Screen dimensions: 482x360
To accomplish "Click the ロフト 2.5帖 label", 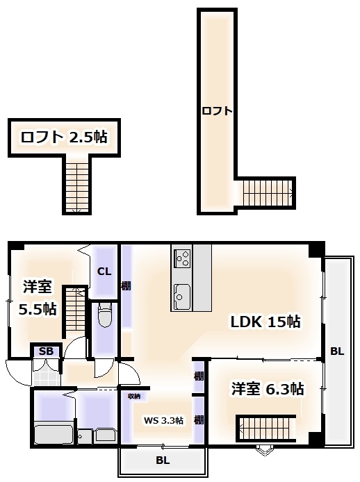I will tap(63, 137).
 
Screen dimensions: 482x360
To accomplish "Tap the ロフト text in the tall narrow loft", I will tap(217, 111).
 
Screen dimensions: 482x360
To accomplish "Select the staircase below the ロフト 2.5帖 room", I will tap(76, 184).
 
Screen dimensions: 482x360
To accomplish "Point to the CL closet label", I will tap(104, 272).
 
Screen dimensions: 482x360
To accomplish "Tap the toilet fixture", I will tap(105, 316).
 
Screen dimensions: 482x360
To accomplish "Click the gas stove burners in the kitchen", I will tap(182, 259).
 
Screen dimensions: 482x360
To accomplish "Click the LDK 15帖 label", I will tap(265, 322).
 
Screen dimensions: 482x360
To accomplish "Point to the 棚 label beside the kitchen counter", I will tap(126, 285).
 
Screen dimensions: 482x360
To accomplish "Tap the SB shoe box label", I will tap(47, 351).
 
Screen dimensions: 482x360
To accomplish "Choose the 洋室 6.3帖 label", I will tap(268, 389).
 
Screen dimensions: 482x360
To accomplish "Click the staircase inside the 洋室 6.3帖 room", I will tap(268, 425).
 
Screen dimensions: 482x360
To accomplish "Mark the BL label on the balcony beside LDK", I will tap(336, 351).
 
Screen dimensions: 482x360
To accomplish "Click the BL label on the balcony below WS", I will tap(162, 460).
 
